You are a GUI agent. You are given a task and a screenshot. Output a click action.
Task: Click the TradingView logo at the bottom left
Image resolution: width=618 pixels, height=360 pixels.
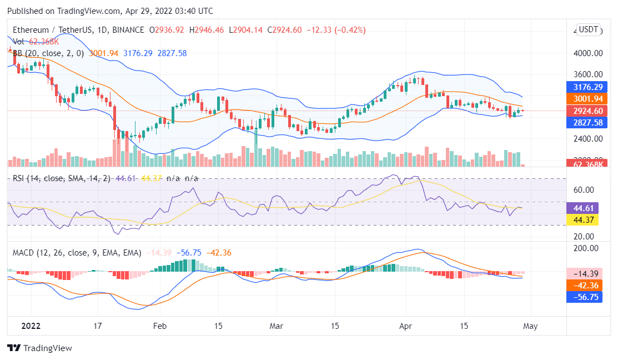(39, 348)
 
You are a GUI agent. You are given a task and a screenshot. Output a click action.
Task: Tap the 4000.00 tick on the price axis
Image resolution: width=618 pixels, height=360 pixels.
(588, 53)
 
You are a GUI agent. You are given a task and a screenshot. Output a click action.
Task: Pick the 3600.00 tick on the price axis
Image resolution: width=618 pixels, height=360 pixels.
(588, 74)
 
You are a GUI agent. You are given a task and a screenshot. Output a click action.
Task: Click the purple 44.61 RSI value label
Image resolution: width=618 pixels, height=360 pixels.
(582, 208)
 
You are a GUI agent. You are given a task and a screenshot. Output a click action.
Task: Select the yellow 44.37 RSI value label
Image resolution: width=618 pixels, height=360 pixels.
(582, 220)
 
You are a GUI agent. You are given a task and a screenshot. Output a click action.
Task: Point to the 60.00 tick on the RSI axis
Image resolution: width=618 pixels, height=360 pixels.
(584, 189)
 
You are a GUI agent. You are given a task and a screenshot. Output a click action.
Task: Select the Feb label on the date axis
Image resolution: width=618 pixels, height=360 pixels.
(160, 326)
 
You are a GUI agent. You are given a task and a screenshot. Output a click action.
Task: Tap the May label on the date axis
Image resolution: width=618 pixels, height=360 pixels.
(530, 326)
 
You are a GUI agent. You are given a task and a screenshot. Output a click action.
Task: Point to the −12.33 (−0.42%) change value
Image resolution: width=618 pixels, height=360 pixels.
(339, 30)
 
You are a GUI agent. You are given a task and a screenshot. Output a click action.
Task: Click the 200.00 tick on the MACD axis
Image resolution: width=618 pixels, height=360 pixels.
(586, 248)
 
